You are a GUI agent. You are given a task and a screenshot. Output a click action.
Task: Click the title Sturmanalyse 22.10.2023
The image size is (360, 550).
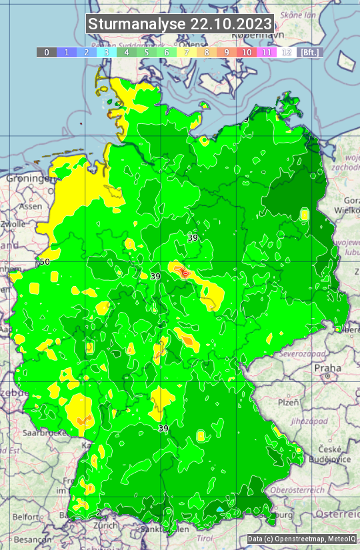click(180, 24)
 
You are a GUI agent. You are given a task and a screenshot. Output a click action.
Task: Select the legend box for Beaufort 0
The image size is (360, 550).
click(47, 52)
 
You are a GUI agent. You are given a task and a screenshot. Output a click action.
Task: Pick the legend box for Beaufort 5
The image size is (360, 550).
click(147, 52)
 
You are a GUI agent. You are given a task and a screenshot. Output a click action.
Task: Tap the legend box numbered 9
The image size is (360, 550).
click(227, 52)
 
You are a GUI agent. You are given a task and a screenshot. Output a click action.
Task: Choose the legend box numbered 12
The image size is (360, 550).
click(287, 52)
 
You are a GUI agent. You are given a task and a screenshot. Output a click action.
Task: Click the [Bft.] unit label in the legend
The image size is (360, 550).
click(309, 52)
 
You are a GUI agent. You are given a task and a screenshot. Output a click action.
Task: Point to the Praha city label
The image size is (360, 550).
click(327, 368)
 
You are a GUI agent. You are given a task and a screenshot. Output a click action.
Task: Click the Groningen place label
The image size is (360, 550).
click(29, 179)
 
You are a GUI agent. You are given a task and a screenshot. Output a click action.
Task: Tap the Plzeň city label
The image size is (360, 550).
click(288, 403)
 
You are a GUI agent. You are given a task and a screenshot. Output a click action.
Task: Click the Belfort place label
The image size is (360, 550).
click(26, 517)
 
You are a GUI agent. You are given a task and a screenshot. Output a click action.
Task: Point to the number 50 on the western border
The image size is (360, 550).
click(45, 261)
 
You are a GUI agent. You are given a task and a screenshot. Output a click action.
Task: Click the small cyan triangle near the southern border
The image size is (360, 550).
click(219, 509)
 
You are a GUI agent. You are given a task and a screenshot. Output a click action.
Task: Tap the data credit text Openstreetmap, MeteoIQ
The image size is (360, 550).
click(301, 539)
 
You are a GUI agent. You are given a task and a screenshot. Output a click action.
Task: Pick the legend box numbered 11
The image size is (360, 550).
click(267, 52)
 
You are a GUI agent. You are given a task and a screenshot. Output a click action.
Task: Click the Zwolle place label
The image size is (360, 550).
click(13, 224)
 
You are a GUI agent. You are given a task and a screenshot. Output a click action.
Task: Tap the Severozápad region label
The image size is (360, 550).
click(301, 353)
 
